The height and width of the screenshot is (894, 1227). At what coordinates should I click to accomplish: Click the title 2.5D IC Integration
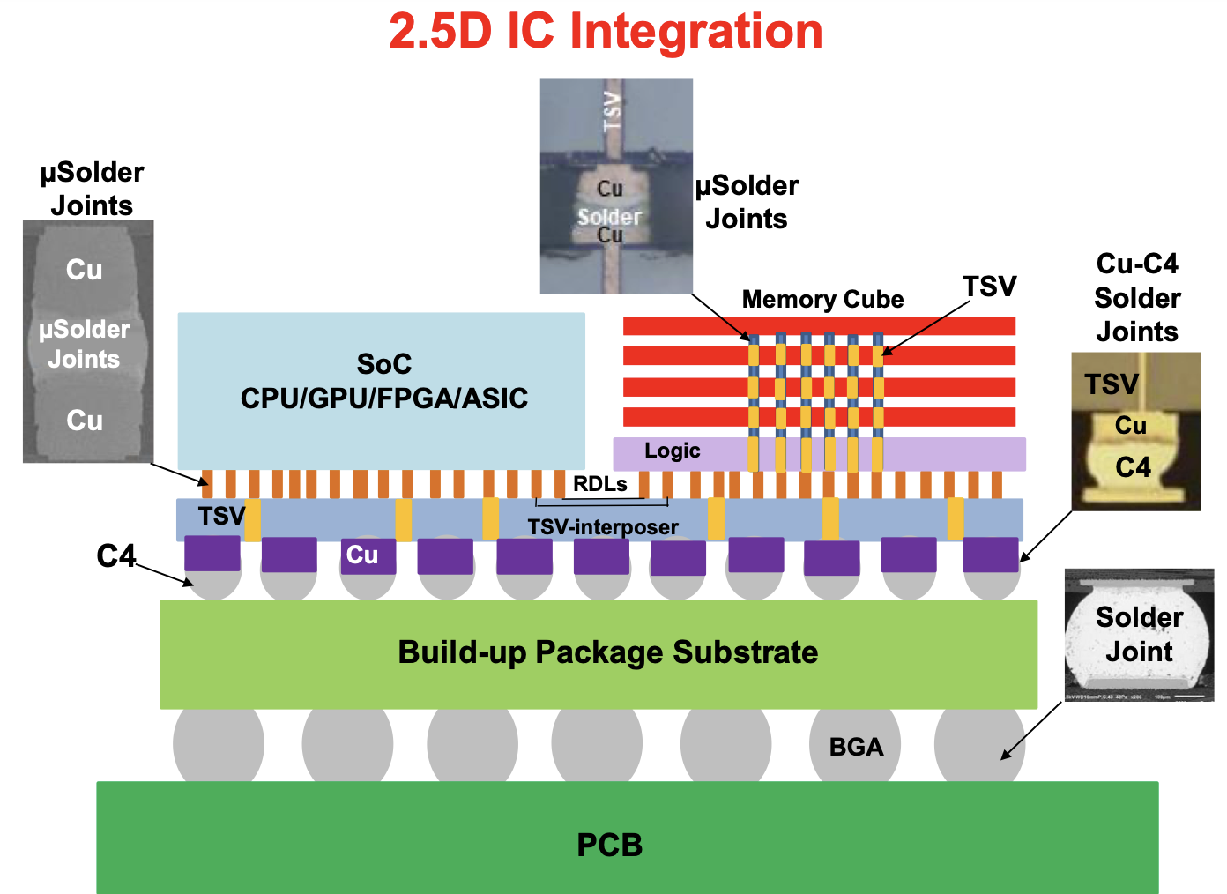[606, 32]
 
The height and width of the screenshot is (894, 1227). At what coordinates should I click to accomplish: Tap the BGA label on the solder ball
[855, 747]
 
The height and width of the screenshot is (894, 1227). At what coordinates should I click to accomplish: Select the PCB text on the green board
[609, 845]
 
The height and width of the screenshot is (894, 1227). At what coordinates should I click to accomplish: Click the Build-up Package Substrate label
[607, 652]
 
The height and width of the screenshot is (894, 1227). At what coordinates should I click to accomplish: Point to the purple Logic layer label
[672, 451]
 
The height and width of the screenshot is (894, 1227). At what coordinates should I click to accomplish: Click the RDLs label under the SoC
[599, 484]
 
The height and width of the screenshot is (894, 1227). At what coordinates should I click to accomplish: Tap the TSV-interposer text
[603, 527]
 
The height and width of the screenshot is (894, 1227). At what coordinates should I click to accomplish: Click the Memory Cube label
[822, 300]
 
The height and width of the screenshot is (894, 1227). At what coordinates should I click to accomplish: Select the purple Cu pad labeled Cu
[362, 555]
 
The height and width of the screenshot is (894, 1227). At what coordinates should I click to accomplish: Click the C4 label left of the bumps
[115, 556]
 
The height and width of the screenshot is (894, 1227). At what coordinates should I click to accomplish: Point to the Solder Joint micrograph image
[1139, 635]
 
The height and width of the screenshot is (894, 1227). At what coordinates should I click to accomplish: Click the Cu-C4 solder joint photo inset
[1135, 432]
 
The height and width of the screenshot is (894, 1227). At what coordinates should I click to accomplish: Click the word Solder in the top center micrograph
[609, 216]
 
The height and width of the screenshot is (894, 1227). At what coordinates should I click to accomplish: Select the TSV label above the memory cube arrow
[989, 287]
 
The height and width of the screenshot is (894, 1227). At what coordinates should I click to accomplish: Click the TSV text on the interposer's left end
[220, 516]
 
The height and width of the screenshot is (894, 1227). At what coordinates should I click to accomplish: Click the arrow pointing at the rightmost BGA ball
[1031, 730]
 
